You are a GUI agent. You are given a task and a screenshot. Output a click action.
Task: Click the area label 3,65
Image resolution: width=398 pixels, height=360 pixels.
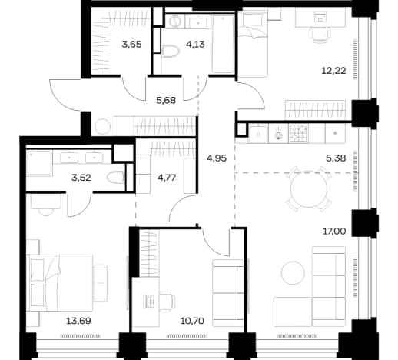pyautogui.click(x=131, y=45)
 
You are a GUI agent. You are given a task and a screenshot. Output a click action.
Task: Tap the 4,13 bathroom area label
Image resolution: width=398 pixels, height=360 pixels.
pyautogui.click(x=196, y=45)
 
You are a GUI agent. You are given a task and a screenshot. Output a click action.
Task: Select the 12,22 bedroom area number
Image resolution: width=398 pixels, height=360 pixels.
pyautogui.click(x=333, y=71)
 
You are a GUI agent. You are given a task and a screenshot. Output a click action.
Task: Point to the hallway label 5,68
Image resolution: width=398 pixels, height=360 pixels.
pyautogui.click(x=166, y=100)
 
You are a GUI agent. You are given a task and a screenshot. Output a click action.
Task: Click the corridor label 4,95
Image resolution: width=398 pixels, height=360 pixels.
pyautogui.click(x=217, y=158)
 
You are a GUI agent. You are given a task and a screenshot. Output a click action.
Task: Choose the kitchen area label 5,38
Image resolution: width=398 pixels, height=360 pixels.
pyautogui.click(x=336, y=158)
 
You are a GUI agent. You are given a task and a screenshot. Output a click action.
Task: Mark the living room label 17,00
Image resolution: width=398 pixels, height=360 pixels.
pyautogui.click(x=334, y=232)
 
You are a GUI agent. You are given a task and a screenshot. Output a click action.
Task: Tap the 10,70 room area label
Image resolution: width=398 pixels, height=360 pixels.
pyautogui.click(x=192, y=321)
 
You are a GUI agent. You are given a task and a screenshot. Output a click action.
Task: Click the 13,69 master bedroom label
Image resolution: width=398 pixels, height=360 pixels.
pyautogui.click(x=78, y=321)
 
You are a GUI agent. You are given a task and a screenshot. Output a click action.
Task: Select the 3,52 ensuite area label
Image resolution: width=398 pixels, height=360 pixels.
pyautogui.click(x=81, y=178)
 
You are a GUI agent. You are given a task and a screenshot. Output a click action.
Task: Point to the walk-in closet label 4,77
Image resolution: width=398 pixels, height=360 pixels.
pyautogui.click(x=167, y=178)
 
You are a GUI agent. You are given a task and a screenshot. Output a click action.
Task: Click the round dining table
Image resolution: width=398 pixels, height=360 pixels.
pyautogui.click(x=309, y=189)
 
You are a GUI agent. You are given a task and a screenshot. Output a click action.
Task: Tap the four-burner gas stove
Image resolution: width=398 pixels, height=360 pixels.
pyautogui.click(x=298, y=134)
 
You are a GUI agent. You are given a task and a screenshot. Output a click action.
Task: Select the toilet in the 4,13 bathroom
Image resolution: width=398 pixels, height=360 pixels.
pyautogui.click(x=170, y=51)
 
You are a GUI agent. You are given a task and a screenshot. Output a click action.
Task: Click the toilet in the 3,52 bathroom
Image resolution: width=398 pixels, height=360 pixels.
pyautogui.click(x=115, y=177)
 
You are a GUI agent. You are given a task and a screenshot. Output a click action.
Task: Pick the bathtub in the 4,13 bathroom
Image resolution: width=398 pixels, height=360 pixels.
pyautogui.click(x=223, y=44)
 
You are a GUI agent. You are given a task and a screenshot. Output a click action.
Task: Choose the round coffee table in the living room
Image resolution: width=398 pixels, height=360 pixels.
pyautogui.click(x=293, y=273)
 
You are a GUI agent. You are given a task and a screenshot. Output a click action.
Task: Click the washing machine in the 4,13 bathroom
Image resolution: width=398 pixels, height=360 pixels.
pyautogui.click(x=175, y=21)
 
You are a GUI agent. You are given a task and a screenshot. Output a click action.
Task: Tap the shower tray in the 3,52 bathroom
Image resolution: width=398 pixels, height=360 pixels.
pyautogui.click(x=39, y=163)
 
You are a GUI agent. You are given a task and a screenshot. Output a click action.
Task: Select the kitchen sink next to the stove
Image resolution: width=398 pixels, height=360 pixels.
pyautogui.click(x=258, y=134)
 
